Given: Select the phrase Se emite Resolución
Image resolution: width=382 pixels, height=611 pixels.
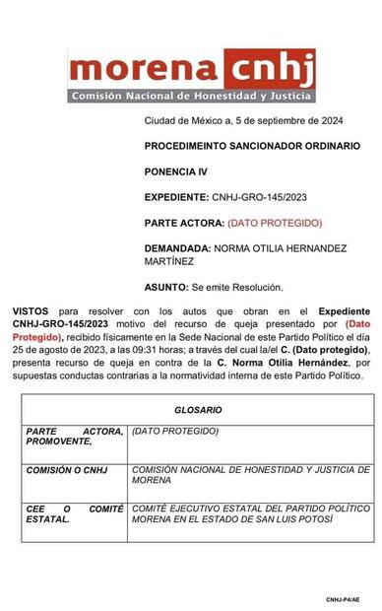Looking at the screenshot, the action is (236, 287).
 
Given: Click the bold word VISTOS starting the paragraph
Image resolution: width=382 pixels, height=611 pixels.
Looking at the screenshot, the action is (31, 311).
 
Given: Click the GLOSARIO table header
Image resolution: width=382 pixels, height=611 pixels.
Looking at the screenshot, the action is (199, 408).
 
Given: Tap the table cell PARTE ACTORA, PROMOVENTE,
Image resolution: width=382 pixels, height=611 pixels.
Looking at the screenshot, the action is (74, 437).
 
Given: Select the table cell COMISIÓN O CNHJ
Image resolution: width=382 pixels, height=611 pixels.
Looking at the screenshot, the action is (67, 470).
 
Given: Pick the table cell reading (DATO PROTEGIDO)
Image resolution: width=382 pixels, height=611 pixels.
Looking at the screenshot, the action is (171, 432).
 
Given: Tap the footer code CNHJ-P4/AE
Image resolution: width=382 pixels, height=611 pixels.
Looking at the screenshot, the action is (343, 597).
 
